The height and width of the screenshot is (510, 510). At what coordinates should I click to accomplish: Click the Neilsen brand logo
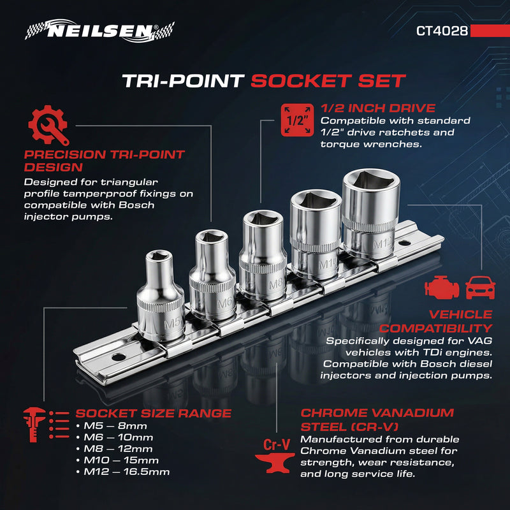[x=99, y=30]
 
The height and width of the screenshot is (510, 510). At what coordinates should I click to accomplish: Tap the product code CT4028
[x=442, y=30]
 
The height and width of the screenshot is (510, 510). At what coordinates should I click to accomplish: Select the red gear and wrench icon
[x=48, y=126]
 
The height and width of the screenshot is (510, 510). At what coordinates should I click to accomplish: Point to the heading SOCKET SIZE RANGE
[x=153, y=413]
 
